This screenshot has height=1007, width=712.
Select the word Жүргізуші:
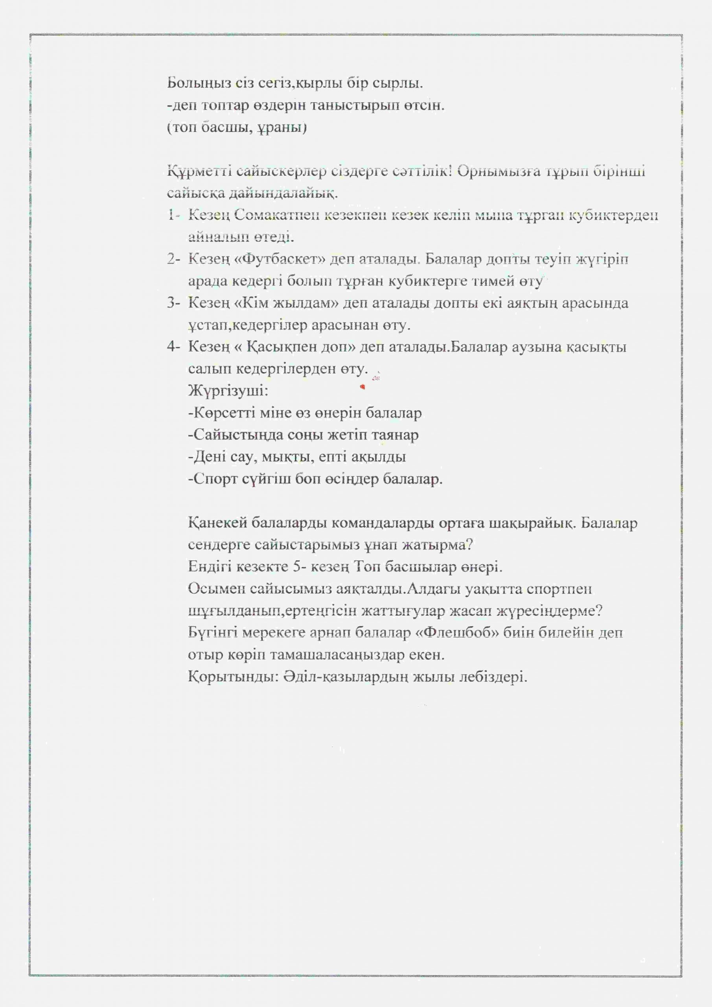[228, 390]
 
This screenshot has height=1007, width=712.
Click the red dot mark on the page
[362, 386]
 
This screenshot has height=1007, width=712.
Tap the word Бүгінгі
[212, 633]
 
